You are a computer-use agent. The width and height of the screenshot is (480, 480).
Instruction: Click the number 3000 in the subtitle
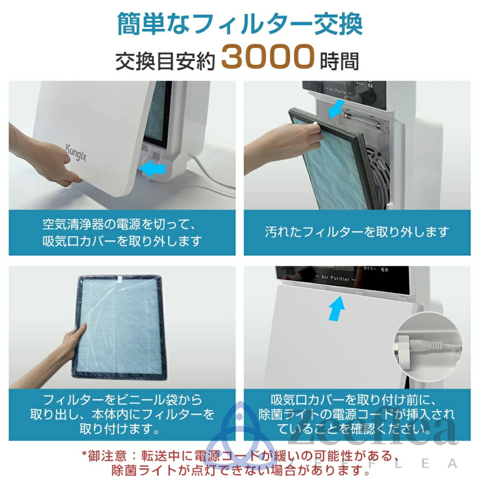point(267,58)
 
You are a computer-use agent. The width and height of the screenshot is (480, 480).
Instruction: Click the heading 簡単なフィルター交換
point(240,24)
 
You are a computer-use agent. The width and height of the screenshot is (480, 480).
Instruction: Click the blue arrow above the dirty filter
point(336,108)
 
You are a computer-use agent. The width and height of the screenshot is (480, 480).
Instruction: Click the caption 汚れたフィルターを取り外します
point(357,232)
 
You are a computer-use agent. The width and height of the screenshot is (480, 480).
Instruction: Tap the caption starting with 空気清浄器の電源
point(122,232)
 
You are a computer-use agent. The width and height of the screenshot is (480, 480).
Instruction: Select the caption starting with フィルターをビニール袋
point(122,413)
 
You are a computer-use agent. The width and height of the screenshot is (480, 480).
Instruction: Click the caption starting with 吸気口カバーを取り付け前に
point(357,413)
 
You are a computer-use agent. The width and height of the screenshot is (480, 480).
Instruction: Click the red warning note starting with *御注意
point(240,460)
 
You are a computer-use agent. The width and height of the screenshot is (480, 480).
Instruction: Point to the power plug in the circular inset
point(408,346)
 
